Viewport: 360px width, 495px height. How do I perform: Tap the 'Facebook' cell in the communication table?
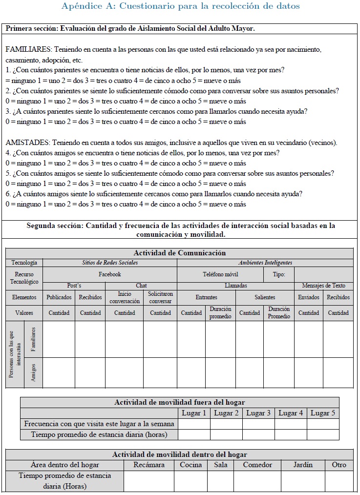[x=109, y=274]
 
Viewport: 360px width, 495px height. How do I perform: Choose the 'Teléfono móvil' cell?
[x=220, y=274]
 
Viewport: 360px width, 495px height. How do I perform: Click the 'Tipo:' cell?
[x=279, y=274]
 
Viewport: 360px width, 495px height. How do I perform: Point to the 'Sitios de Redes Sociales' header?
[x=109, y=263]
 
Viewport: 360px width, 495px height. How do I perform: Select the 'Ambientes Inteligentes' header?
[x=265, y=263]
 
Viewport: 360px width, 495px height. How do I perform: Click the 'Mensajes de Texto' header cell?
[x=323, y=286]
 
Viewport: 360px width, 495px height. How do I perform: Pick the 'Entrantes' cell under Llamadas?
[x=206, y=297]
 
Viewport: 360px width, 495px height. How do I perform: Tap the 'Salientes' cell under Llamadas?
[x=265, y=297]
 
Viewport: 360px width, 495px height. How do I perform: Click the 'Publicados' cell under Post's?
[x=59, y=297]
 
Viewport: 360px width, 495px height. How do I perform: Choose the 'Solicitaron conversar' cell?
[x=160, y=297]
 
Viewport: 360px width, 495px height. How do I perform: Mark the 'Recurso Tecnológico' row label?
[x=24, y=278]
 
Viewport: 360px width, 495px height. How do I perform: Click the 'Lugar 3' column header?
[x=258, y=413]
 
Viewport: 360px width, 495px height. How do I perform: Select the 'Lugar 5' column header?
[x=323, y=413]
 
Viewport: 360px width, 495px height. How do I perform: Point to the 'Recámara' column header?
[x=149, y=465]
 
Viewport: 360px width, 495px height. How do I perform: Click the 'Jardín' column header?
[x=303, y=465]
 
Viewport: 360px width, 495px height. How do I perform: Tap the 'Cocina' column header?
[x=191, y=465]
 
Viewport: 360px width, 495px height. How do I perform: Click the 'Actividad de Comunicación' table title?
[x=179, y=253]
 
